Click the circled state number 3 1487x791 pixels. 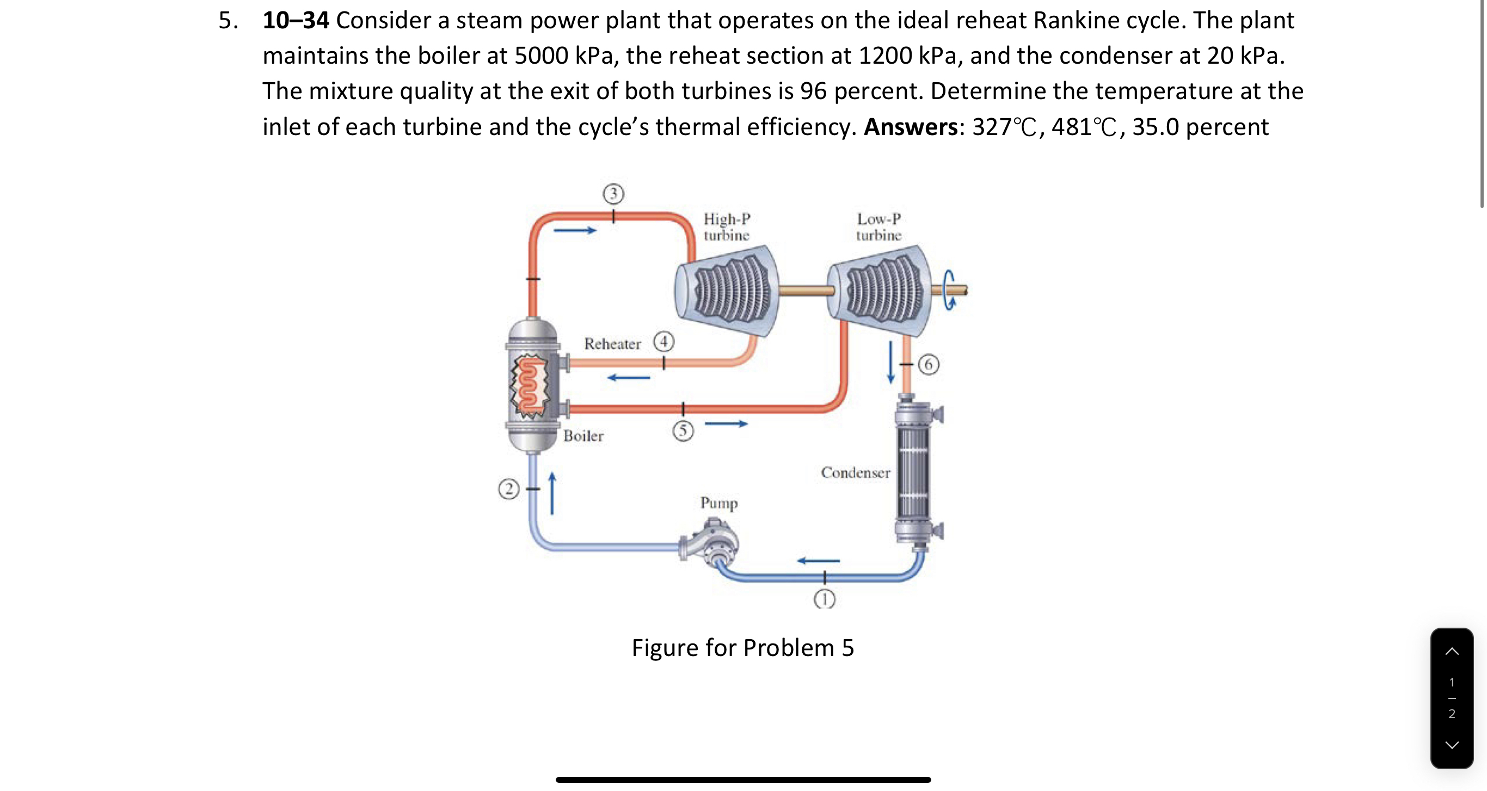point(613,193)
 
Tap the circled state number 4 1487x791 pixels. point(664,342)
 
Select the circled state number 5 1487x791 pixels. point(683,431)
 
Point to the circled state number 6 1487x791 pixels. point(928,364)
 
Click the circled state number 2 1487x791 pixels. point(508,489)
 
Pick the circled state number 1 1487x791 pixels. point(824,600)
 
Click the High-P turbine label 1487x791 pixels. point(726,227)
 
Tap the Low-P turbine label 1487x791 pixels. point(878,227)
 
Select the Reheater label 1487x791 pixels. point(612,344)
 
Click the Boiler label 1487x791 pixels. point(583,436)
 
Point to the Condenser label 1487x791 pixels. point(856,473)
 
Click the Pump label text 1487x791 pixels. point(718,503)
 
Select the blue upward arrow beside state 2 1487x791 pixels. point(552,494)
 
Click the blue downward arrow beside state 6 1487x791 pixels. point(890,362)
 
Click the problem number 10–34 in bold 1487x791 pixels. point(296,21)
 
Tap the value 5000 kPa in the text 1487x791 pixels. point(564,56)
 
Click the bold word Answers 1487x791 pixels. point(911,127)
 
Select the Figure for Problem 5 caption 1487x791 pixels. point(742,648)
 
